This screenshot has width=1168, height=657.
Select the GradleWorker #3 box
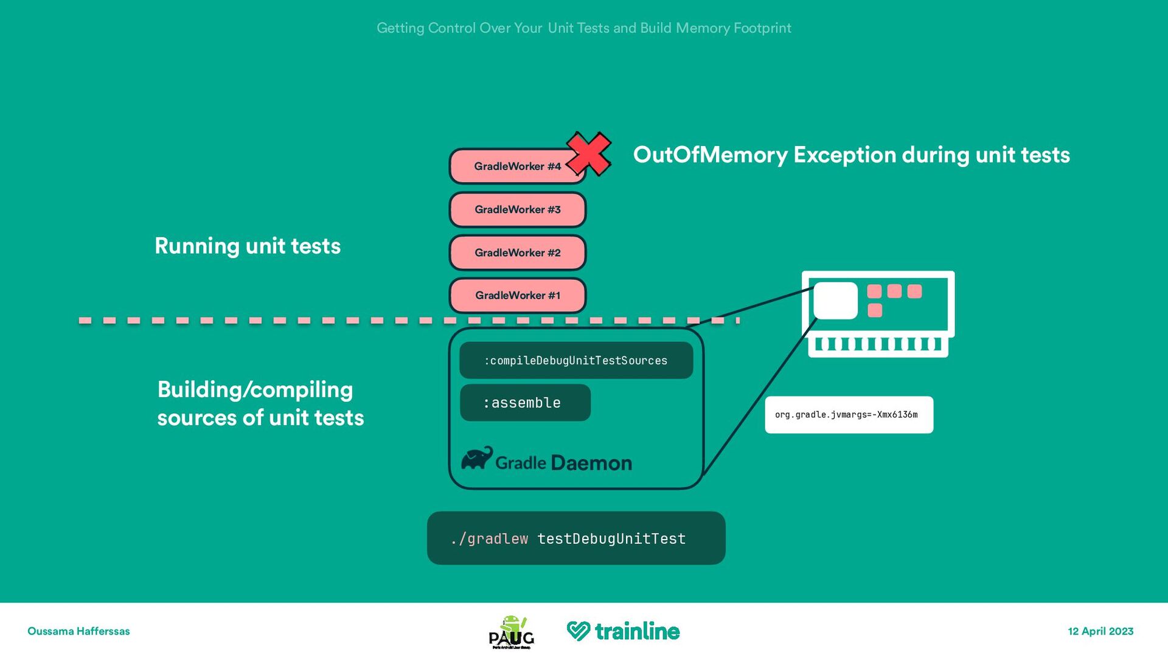click(518, 209)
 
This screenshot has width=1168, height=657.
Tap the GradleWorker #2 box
click(518, 252)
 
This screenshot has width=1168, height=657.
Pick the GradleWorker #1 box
click(518, 296)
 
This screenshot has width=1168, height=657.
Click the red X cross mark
click(588, 153)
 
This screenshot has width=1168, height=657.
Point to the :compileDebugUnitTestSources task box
click(576, 360)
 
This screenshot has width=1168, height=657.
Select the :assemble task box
click(525, 403)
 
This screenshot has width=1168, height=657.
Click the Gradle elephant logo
click(477, 459)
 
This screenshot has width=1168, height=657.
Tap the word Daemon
click(591, 463)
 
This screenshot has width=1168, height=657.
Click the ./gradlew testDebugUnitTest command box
click(576, 538)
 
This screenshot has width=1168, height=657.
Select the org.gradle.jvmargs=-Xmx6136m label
click(849, 415)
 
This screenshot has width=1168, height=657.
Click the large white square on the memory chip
click(835, 301)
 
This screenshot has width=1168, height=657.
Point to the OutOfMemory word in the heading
click(710, 155)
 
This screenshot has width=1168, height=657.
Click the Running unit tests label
click(248, 246)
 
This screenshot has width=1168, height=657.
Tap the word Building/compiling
click(255, 389)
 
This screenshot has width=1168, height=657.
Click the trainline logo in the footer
click(623, 631)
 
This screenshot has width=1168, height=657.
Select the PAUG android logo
click(512, 632)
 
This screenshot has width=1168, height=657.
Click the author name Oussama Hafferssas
click(78, 631)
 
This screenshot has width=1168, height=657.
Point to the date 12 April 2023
click(1100, 631)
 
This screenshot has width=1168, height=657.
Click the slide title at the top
click(584, 28)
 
